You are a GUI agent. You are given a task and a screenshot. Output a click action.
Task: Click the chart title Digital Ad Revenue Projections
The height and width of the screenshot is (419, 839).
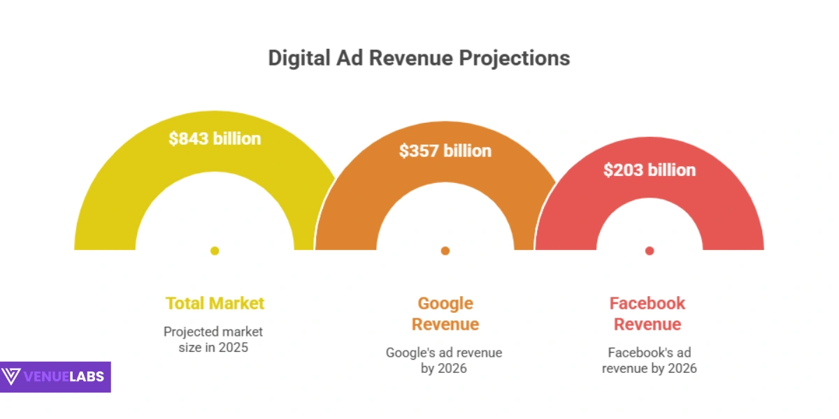[x=419, y=58]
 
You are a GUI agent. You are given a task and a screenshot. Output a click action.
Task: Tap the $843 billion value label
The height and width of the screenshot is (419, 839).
[x=215, y=138]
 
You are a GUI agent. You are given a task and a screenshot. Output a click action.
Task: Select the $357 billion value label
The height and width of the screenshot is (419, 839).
[x=445, y=150]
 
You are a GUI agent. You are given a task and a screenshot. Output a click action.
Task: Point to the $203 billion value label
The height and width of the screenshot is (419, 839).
[x=650, y=170]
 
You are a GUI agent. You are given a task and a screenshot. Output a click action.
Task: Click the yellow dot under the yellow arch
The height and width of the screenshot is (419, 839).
[x=215, y=251]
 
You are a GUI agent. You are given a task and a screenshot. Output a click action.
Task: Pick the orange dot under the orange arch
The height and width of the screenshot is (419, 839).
[x=445, y=251]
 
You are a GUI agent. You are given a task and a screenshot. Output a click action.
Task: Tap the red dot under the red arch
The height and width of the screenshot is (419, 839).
[x=650, y=251]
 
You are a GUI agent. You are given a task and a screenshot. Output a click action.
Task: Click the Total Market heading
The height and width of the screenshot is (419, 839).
[x=215, y=303]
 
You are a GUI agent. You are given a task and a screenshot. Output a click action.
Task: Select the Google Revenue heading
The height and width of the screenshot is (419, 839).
[x=445, y=314]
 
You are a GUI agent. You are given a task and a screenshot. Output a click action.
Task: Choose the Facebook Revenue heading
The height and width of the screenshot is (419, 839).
[x=647, y=314]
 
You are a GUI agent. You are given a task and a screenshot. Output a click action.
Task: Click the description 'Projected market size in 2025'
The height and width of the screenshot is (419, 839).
[x=213, y=339]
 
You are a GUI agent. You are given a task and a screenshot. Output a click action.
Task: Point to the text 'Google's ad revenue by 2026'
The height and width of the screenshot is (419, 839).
[x=444, y=360]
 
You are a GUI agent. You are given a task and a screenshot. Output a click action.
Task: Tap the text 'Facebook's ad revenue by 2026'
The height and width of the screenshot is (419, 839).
[x=650, y=360]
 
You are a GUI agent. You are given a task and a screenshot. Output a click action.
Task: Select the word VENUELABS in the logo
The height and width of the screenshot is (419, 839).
[x=64, y=377]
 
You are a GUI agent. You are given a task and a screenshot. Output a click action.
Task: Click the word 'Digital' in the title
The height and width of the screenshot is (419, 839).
[x=296, y=58]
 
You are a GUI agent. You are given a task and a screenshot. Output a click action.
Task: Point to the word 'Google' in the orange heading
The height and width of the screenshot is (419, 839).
[x=445, y=303]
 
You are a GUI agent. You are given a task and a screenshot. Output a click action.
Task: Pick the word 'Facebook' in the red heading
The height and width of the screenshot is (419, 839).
[x=647, y=303]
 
